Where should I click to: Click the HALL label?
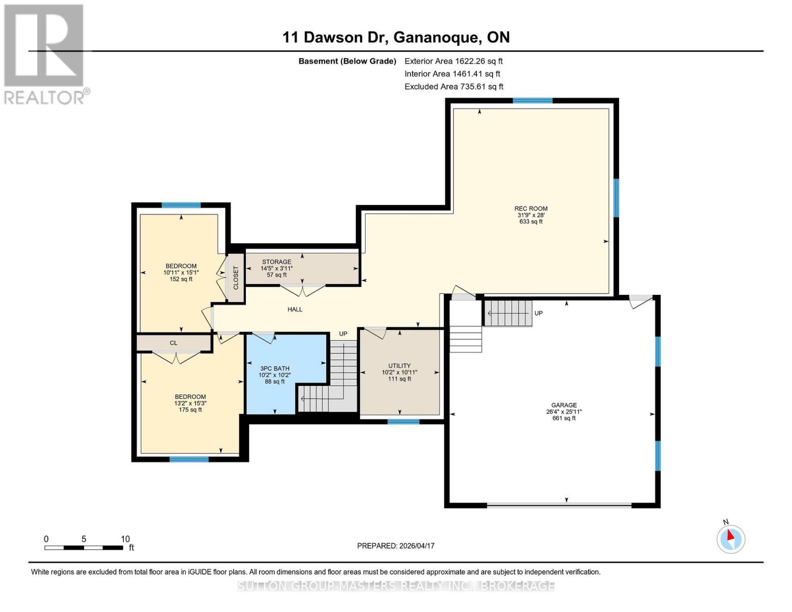[x=295, y=309]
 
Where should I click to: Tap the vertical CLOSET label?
[x=236, y=278]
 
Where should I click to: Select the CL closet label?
[x=173, y=343]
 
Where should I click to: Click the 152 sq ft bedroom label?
[x=181, y=272]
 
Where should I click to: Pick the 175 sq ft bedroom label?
[x=190, y=403]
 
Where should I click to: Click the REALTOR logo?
[x=44, y=54]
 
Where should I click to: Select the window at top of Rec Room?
[x=532, y=101]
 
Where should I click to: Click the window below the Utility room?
[x=403, y=422]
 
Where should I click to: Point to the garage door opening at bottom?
[x=559, y=505]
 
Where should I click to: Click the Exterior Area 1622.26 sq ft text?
[x=453, y=61]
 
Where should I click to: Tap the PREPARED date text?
[x=396, y=546]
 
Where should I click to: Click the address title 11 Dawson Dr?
[x=396, y=37]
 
